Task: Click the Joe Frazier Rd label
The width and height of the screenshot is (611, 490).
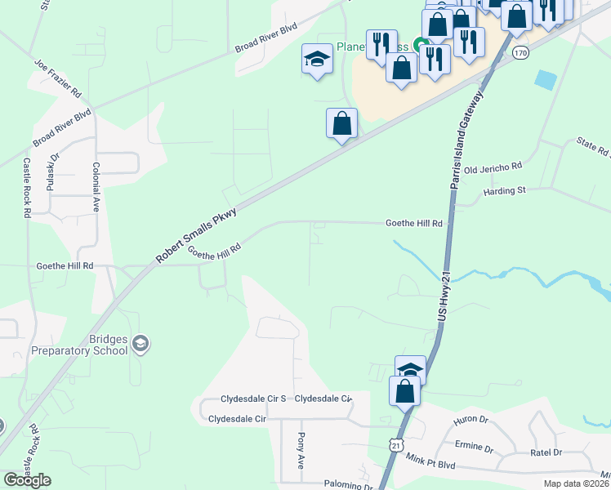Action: coord(57,76)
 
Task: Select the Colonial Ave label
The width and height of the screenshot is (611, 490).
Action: coord(96,188)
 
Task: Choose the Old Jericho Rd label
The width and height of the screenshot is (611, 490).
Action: coord(492,167)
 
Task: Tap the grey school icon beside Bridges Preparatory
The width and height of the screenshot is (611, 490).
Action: coord(140,343)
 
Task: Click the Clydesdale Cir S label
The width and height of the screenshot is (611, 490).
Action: coord(253,399)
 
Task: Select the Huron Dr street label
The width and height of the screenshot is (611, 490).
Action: coord(471,421)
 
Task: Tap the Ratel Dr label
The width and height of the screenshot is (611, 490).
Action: coord(546,452)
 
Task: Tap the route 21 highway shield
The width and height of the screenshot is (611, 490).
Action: coord(396,443)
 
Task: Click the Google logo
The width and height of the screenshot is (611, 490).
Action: coord(27,480)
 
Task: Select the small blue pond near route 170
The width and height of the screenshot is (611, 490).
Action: coord(545,80)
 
